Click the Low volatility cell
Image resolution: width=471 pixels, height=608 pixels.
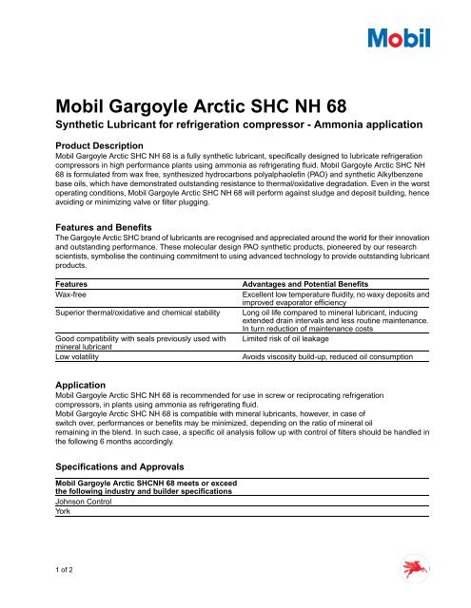pos(81,356)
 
